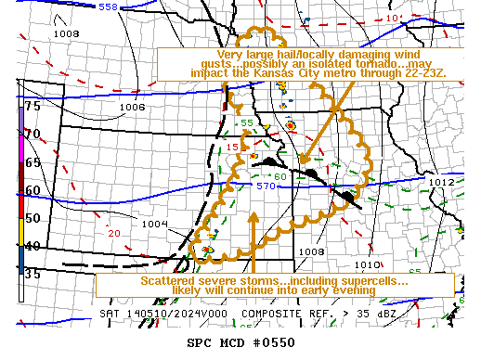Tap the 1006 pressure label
click(x=132, y=108)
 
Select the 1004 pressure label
click(x=155, y=224)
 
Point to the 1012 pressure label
click(x=441, y=183)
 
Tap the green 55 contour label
click(x=247, y=122)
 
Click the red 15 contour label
click(x=232, y=148)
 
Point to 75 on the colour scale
click(x=32, y=106)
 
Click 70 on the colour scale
click(x=32, y=134)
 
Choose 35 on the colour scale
click(x=32, y=274)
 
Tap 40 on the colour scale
click(x=32, y=246)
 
